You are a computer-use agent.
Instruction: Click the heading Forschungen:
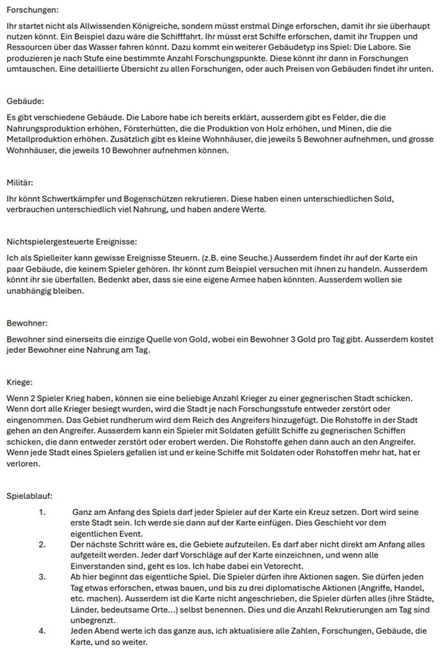[x=32, y=9]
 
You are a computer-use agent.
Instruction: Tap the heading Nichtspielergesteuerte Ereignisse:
[x=72, y=242]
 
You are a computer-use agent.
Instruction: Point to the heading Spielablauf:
[x=29, y=496]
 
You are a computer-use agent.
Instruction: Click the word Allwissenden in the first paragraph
[x=101, y=26]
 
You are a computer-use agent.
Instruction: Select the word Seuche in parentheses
[x=255, y=258]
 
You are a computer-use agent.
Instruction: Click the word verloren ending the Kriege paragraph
[x=23, y=464]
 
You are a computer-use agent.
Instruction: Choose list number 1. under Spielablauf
[x=42, y=512]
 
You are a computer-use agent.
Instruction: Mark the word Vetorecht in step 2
[x=283, y=566]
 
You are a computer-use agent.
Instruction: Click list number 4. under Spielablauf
[x=42, y=631]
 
